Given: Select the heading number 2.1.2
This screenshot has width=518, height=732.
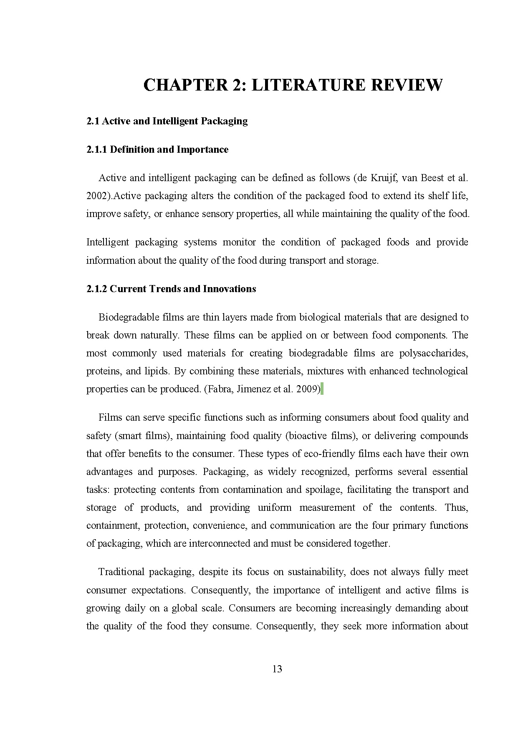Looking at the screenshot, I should click(96, 289).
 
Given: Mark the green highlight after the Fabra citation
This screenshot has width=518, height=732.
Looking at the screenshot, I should click(322, 389).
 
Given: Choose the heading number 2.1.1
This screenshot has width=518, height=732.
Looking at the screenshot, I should click(96, 149).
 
